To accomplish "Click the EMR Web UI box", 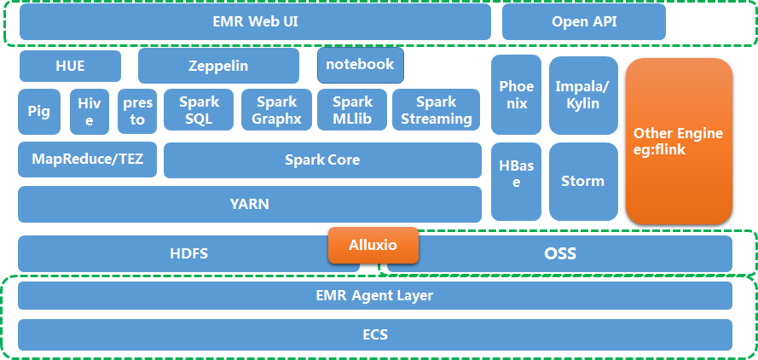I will point(255,22).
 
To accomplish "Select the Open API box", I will point(583,22).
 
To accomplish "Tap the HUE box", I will point(70,66).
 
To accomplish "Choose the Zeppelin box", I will point(218,66).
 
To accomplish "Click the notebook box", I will point(361,65).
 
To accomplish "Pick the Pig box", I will point(39,112).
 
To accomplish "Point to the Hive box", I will point(89,112).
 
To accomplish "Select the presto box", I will point(137,112).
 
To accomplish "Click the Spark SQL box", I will point(199,111).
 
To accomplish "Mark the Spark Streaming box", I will point(436,111).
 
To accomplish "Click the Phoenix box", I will point(516,95).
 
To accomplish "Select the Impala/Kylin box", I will point(583,95).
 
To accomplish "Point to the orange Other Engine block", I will point(678,142).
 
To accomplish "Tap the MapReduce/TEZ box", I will point(87,160).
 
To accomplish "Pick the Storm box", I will point(583,182).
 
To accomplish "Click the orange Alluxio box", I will point(373,246).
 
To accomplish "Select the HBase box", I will point(516,182).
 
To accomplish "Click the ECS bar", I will point(374,334).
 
